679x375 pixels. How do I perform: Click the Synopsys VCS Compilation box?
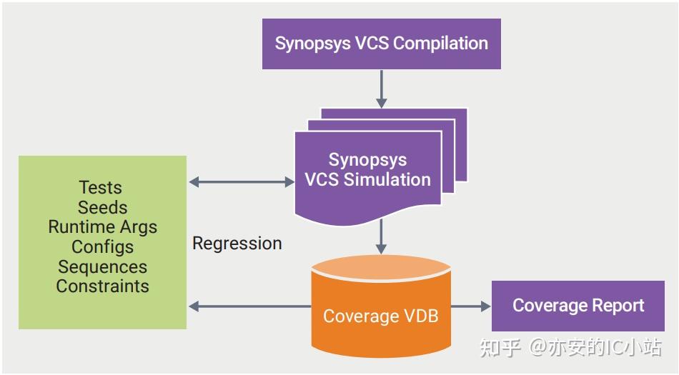[x=381, y=43]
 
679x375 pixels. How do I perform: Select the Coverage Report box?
[x=578, y=306]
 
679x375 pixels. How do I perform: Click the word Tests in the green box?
[x=100, y=188]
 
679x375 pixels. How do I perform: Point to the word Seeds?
[x=102, y=208]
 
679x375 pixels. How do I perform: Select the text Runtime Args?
[x=102, y=227]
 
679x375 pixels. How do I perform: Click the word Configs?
[x=102, y=247]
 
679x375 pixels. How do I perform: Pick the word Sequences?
[x=102, y=266]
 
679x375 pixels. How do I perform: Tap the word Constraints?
[x=102, y=286]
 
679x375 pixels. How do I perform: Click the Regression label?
[x=237, y=244]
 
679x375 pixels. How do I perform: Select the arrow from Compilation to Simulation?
[x=381, y=89]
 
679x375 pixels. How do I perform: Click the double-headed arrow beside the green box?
[x=242, y=182]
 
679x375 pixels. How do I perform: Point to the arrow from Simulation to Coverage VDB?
[x=381, y=236]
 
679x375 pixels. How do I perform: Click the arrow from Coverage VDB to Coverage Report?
[x=471, y=306]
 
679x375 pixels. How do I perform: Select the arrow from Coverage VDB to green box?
[x=249, y=306]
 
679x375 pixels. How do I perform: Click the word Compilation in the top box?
[x=440, y=43]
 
